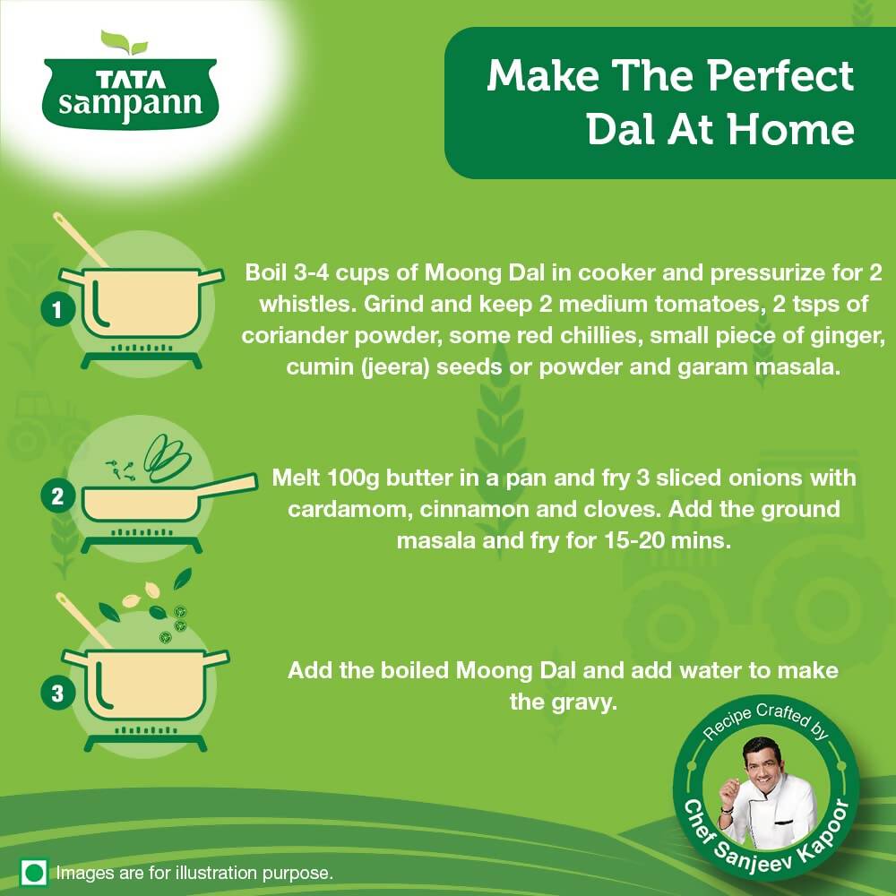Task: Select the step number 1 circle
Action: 57,311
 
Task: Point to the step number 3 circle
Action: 57,693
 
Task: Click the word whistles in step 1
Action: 306,303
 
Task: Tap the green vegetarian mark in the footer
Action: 34,871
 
